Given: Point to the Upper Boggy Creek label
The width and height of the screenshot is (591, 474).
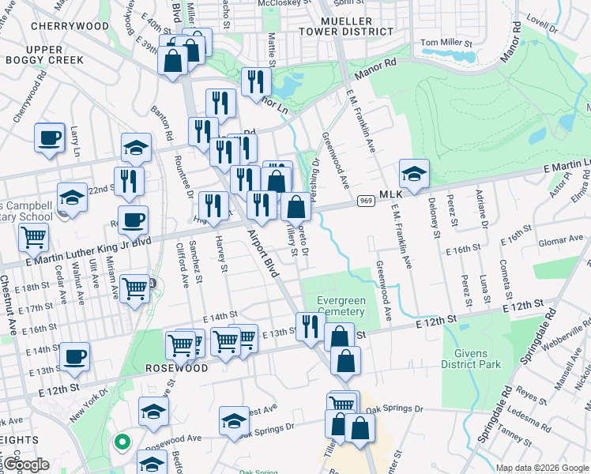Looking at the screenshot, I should click(45, 54).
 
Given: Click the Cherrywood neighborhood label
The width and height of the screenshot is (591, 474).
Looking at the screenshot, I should click(70, 26).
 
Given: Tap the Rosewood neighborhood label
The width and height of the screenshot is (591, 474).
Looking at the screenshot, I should click(176, 368).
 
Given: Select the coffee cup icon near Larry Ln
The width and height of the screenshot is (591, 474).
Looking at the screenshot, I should click(49, 137).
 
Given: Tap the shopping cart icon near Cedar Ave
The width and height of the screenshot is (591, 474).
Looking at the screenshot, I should click(33, 236).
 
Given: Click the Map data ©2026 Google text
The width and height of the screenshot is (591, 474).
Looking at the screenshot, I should click(541, 468).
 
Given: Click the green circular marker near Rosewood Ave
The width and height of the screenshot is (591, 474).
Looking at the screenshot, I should click(121, 442).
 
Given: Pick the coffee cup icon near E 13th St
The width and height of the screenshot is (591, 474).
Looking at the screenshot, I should click(75, 356).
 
